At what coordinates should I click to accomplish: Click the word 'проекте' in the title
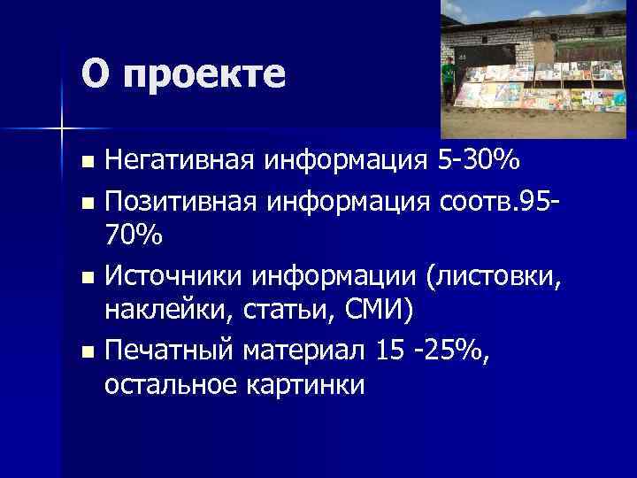[x=205, y=75]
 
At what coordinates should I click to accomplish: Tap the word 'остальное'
[x=164, y=388]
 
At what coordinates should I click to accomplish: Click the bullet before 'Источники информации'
[x=86, y=277]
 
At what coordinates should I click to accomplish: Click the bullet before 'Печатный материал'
[x=86, y=352]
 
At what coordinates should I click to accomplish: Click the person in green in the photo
[x=449, y=78]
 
